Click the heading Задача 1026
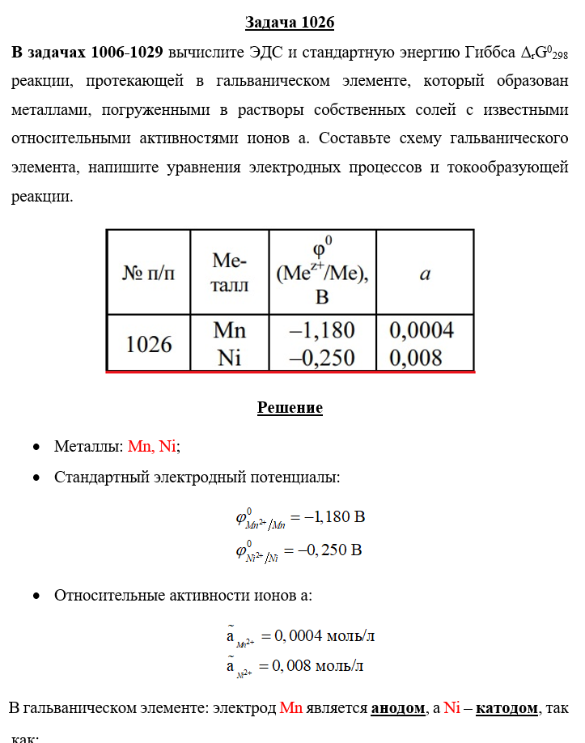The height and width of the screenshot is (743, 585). pos(290,23)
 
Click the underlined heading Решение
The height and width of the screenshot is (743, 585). pos(290,408)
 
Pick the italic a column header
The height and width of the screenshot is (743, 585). pos(425,274)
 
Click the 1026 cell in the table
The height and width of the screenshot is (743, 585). pos(149,344)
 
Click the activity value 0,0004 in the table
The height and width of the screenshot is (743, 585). pos(422,331)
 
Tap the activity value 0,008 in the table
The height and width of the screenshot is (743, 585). pos(416,357)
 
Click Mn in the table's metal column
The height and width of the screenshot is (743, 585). pos(230,331)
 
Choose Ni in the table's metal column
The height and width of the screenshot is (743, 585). pos(230,357)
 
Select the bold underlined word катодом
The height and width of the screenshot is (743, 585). pos(507,708)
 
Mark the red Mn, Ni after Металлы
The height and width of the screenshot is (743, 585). pos(151,447)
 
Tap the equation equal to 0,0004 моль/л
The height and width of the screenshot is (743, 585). pos(300,636)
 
